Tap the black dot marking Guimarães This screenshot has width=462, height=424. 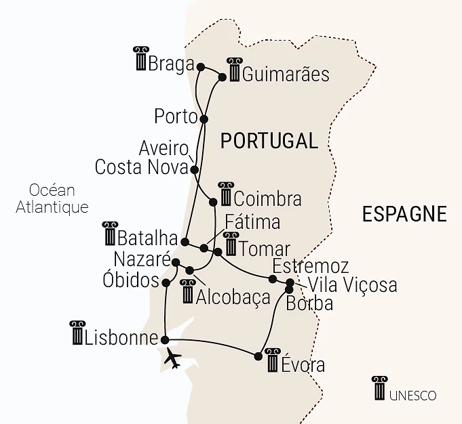(x=222, y=77)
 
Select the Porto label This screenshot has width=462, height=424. (x=176, y=116)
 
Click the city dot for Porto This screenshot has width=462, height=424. (x=204, y=119)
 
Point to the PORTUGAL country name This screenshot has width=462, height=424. (x=269, y=141)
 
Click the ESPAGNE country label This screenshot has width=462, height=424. (x=404, y=214)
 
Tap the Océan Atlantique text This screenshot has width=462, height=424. (x=52, y=198)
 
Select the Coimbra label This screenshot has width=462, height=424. (x=267, y=199)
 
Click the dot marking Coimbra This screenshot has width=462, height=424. (x=214, y=201)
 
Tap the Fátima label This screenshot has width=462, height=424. (x=252, y=222)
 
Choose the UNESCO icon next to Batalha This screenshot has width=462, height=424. (x=109, y=234)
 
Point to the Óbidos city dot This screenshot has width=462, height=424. (x=166, y=281)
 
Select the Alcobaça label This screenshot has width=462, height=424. (x=233, y=297)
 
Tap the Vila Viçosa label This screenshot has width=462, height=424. (x=352, y=285)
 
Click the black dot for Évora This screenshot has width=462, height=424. (x=258, y=356)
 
